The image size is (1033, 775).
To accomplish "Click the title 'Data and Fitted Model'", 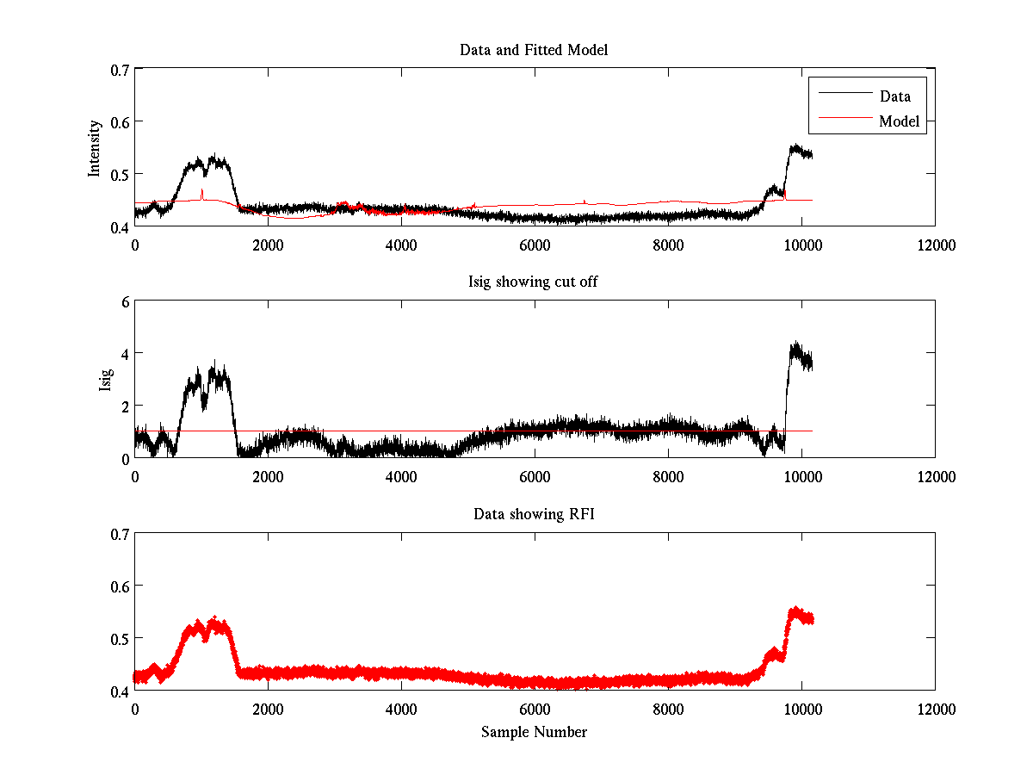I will point(534,50).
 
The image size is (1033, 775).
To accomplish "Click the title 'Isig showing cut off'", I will point(534,282).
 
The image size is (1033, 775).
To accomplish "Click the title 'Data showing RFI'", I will point(534,515).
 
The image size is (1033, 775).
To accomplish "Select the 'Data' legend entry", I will point(894,96).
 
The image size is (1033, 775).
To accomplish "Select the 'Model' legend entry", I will point(899,121).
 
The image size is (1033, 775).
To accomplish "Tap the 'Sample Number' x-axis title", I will point(534,733).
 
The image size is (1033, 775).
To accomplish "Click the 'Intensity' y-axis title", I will point(96,148).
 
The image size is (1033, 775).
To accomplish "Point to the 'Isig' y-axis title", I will point(105,380).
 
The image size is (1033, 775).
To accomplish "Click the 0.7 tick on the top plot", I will point(119,69).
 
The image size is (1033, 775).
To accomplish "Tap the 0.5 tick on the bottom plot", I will point(119,638).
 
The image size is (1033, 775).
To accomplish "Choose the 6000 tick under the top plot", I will point(535,245).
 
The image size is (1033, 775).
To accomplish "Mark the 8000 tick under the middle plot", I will point(668,477).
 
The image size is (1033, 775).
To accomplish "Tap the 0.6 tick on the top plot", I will point(119,121).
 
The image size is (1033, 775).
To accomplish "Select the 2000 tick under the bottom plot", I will point(268,710).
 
